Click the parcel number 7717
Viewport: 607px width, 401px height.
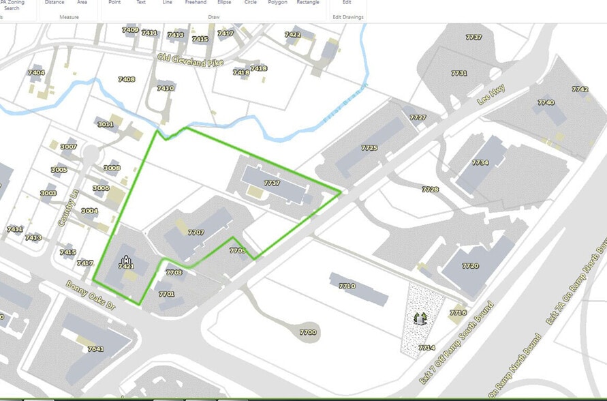(272, 183)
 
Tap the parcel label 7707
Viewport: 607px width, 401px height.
(196, 233)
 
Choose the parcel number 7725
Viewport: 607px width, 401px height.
(369, 147)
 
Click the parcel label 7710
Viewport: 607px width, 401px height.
(347, 286)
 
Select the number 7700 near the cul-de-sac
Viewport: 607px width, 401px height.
(308, 332)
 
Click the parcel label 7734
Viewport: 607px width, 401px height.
(480, 162)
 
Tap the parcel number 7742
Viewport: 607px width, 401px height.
(580, 89)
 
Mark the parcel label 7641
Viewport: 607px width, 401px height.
(95, 348)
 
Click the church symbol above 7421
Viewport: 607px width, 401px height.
(125, 259)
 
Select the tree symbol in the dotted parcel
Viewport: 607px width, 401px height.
(419, 318)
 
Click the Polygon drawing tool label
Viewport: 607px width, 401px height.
(277, 3)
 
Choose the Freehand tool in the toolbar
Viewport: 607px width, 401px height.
(195, 3)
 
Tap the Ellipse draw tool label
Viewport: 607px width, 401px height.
(224, 3)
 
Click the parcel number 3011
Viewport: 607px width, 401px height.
(105, 124)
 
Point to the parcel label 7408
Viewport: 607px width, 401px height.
(126, 79)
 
